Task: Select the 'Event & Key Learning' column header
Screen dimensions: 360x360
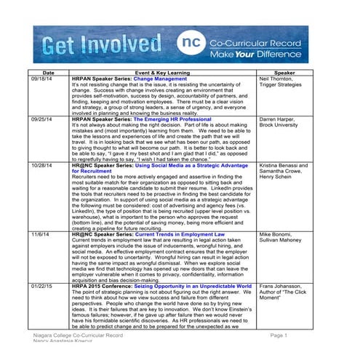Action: (161, 74)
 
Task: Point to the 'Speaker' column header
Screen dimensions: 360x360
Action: (284, 74)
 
